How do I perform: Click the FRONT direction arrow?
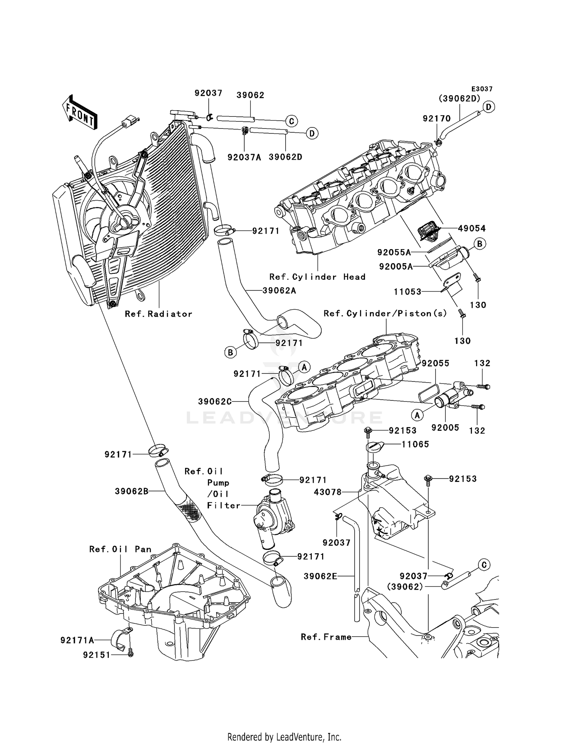tap(79, 113)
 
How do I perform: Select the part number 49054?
tap(472, 228)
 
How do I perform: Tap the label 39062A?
tap(279, 291)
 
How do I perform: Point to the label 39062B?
tap(131, 491)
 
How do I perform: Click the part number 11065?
tap(415, 444)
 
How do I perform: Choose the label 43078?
tap(328, 492)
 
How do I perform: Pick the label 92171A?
tap(77, 640)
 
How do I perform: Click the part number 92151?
tap(97, 655)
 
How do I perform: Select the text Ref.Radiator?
tap(159, 314)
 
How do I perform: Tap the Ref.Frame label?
tap(326, 637)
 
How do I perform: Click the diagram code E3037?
tap(482, 89)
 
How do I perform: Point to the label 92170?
tap(437, 119)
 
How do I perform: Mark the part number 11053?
tap(407, 292)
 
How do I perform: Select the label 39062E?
tap(321, 576)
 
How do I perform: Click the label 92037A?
tap(244, 157)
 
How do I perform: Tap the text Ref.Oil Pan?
tap(120, 549)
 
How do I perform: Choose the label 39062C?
tap(215, 402)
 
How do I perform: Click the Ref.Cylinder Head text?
tap(317, 277)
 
